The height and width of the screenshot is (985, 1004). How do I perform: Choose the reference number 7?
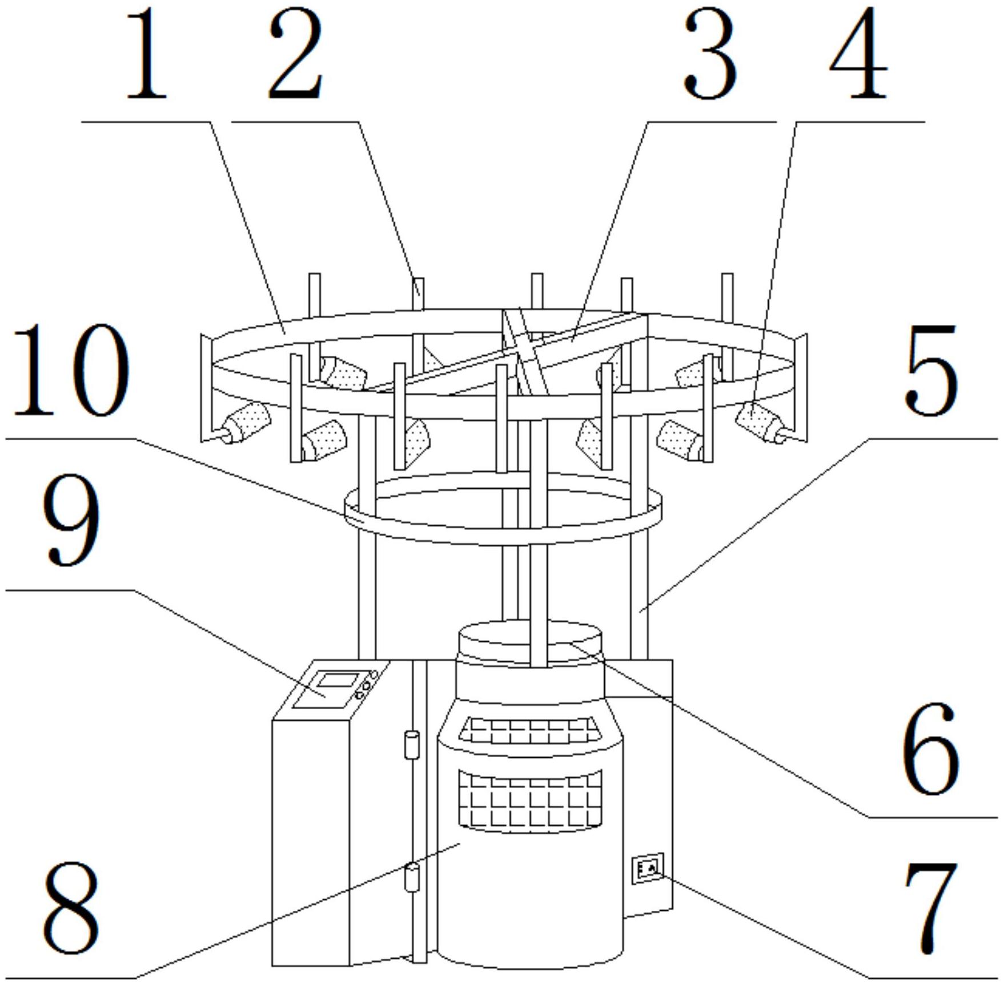[931, 909]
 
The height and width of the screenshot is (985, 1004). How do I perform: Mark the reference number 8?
[71, 909]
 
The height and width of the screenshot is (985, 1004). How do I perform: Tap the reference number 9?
[71, 520]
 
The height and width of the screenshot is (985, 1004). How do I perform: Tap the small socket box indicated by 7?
[648, 869]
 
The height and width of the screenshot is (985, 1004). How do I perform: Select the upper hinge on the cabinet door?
[412, 745]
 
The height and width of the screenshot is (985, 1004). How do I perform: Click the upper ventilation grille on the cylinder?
[528, 730]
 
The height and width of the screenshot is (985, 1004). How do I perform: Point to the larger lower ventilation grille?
[530, 800]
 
